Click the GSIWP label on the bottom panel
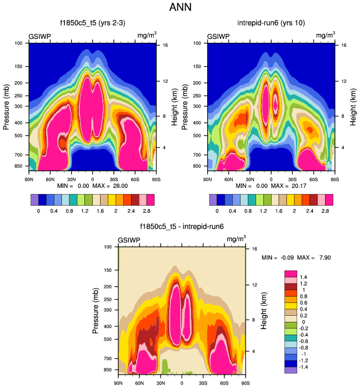click(129, 240)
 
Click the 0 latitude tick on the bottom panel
click(182, 382)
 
